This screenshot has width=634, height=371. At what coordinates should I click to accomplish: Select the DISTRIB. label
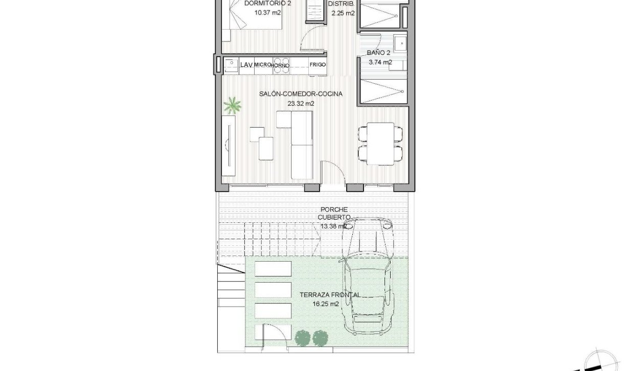coord(342,4)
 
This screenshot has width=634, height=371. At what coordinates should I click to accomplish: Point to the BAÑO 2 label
coord(379,53)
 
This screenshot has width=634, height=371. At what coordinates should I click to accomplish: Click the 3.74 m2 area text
coord(380,62)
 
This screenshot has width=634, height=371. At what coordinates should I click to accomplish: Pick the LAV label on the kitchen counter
coord(246,65)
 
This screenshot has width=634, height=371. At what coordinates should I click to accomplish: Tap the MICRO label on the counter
coord(262,65)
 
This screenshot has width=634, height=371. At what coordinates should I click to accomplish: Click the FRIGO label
coord(318,65)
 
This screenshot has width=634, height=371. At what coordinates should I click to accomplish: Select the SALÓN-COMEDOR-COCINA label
coord(301,94)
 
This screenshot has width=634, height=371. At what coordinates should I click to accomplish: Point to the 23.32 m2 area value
coord(301,103)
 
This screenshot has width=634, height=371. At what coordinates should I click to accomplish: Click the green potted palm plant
coord(233,105)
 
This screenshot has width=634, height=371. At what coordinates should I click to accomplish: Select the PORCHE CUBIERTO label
coord(335,213)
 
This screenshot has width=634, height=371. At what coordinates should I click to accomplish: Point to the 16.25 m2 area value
coord(326,304)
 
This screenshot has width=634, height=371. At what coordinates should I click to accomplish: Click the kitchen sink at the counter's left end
coord(231,65)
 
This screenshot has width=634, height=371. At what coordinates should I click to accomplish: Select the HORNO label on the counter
coord(281,65)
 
